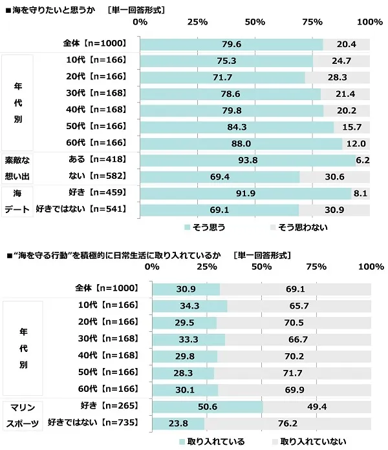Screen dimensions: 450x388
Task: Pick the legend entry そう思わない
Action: (301, 227)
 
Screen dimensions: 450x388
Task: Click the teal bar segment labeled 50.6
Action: (207, 406)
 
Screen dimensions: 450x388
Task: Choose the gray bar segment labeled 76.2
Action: (287, 422)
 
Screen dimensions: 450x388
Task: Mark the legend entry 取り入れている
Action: (217, 442)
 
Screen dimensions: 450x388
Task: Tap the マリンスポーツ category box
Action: (24, 414)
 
